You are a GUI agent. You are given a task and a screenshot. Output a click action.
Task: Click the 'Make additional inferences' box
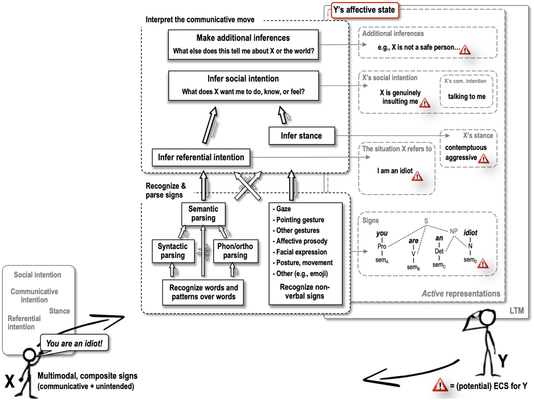pyautogui.click(x=243, y=44)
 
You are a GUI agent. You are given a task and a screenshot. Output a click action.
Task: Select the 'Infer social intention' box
pyautogui.click(x=243, y=85)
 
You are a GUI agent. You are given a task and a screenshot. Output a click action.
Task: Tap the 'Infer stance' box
pyautogui.click(x=301, y=136)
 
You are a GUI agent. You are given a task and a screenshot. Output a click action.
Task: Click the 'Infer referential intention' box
pyautogui.click(x=201, y=157)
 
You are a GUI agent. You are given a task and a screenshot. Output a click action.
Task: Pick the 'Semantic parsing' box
pyautogui.click(x=203, y=213)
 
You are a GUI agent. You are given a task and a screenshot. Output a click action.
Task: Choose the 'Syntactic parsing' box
pyautogui.click(x=173, y=251)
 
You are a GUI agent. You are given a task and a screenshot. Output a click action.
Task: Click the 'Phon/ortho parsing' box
pyautogui.click(x=235, y=251)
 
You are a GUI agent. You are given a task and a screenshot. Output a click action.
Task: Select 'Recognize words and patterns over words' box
pyautogui.click(x=203, y=292)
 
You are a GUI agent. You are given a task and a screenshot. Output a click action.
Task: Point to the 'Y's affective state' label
pyautogui.click(x=364, y=10)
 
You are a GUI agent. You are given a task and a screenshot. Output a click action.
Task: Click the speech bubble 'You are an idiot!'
pyautogui.click(x=74, y=343)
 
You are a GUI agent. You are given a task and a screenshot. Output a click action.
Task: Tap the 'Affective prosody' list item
pyautogui.click(x=302, y=241)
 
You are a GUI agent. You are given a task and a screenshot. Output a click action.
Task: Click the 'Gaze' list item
pyautogui.click(x=283, y=209)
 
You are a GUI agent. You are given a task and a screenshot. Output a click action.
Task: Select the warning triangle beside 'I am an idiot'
pyautogui.click(x=417, y=176)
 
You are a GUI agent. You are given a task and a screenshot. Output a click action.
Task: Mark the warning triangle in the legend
pyautogui.click(x=440, y=385)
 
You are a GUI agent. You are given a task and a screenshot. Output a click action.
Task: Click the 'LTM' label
pyautogui.click(x=517, y=310)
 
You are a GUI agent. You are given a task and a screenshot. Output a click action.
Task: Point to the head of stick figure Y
pyautogui.click(x=487, y=317)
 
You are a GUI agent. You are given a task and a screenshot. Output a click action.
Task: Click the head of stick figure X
pyautogui.click(x=30, y=355)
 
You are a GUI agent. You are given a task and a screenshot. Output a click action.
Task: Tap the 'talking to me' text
pyautogui.click(x=466, y=96)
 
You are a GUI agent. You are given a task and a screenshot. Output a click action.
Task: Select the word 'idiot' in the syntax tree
pyautogui.click(x=470, y=233)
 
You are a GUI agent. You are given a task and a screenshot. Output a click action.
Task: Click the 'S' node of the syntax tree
pyautogui.click(x=426, y=221)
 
